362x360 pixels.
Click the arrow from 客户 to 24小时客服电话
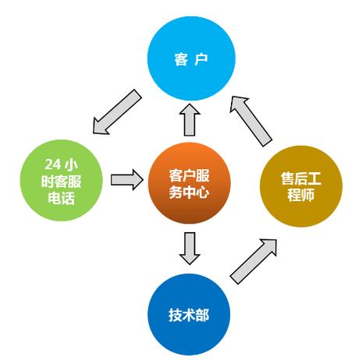pos(116,111)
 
